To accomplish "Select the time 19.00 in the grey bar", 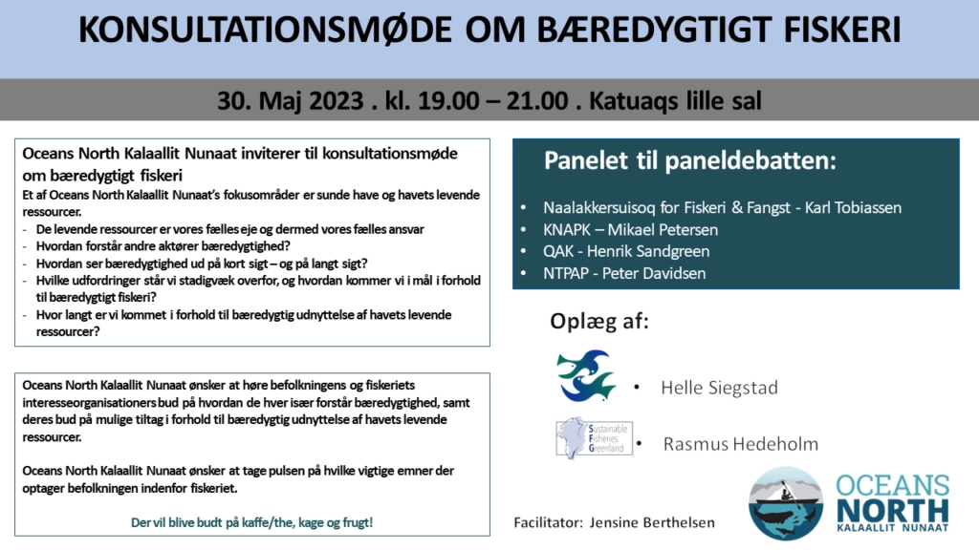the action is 446,100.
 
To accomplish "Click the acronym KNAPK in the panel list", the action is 566,230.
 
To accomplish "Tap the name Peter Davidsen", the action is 654,273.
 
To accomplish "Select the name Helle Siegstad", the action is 719,388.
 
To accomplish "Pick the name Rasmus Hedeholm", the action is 741,444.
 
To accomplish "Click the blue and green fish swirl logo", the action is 586,375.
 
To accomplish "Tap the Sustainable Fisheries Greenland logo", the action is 594,438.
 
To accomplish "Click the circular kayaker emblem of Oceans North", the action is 786,503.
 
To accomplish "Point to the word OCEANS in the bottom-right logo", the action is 893,486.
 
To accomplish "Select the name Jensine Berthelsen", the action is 652,522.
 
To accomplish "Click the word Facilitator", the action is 547,522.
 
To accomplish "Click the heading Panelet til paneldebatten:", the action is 690,160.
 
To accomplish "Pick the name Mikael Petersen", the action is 664,230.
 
